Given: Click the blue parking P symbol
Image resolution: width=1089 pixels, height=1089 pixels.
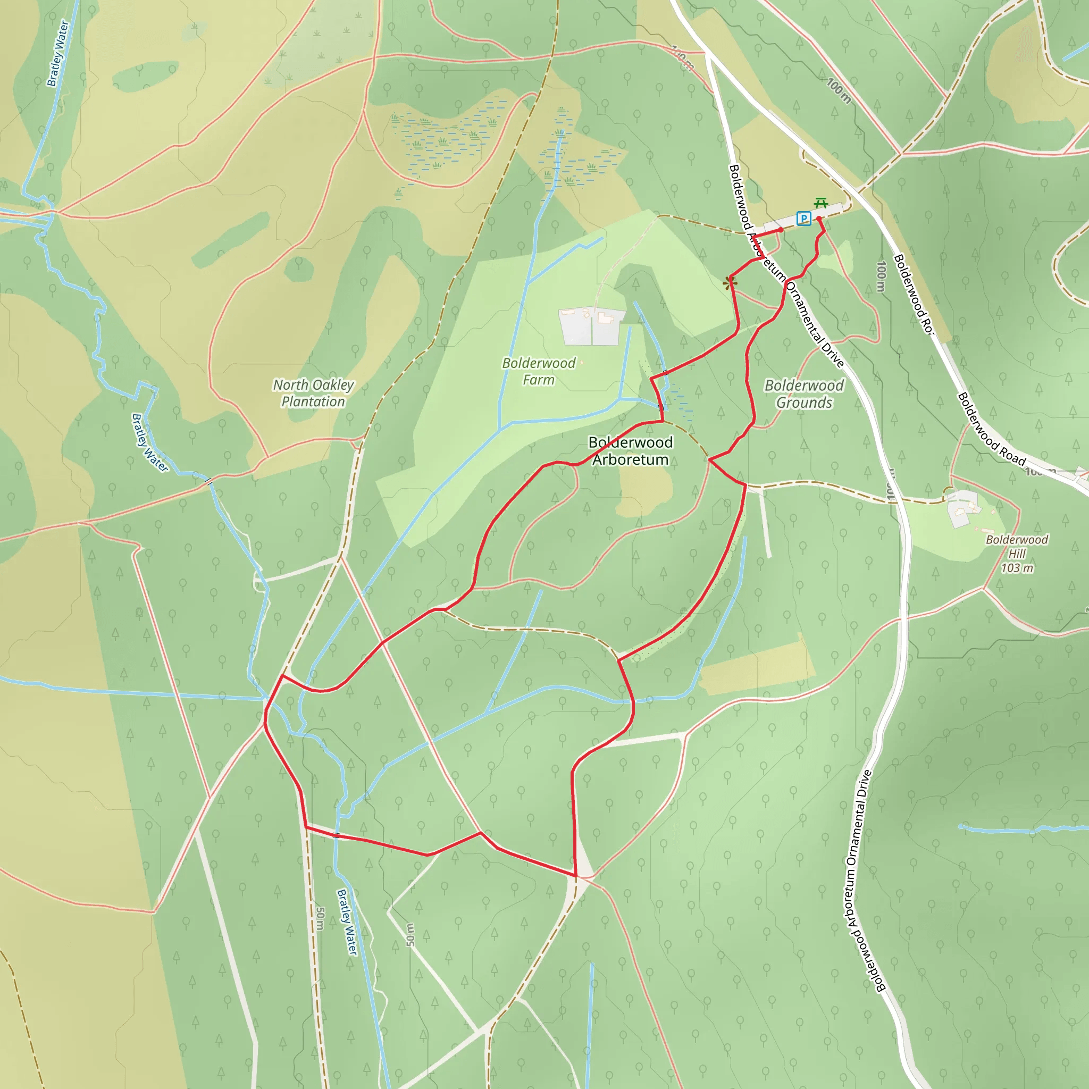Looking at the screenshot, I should click(804, 218).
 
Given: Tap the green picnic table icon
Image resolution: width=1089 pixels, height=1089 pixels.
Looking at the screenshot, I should click(820, 203).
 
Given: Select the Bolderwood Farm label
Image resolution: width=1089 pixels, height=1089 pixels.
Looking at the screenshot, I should click(538, 372).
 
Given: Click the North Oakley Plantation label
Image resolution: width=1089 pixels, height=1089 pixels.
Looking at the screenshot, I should click(313, 393).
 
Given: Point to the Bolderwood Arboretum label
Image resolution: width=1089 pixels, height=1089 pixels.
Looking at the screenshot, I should click(630, 451).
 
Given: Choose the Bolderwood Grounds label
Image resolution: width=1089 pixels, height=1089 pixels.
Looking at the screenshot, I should click(804, 394).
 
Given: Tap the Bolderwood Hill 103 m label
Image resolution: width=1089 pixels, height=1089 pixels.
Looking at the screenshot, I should click(1017, 554).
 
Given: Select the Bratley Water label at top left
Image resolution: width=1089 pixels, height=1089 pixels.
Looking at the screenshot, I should click(57, 54).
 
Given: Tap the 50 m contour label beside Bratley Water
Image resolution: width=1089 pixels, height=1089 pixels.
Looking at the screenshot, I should click(320, 918).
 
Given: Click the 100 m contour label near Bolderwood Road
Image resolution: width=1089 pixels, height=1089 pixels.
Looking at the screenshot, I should click(881, 276).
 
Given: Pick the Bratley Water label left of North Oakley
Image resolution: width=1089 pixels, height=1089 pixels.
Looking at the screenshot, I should click(149, 443).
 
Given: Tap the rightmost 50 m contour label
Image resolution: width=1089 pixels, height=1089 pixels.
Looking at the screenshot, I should click(411, 935).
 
